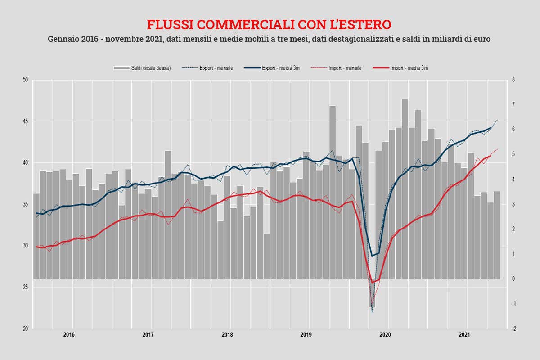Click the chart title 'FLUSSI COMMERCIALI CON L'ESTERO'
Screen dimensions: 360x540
[270, 24]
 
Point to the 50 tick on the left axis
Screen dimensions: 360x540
[25, 80]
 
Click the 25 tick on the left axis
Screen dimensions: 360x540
[25, 287]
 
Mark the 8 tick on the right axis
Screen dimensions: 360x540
[513, 80]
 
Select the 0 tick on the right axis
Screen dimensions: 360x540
[513, 279]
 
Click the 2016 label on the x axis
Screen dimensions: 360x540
[69, 335]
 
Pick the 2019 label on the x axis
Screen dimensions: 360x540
[306, 335]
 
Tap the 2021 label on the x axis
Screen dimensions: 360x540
[464, 335]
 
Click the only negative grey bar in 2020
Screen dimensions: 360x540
[372, 293]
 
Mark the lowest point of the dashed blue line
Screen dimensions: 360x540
[372, 313]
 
